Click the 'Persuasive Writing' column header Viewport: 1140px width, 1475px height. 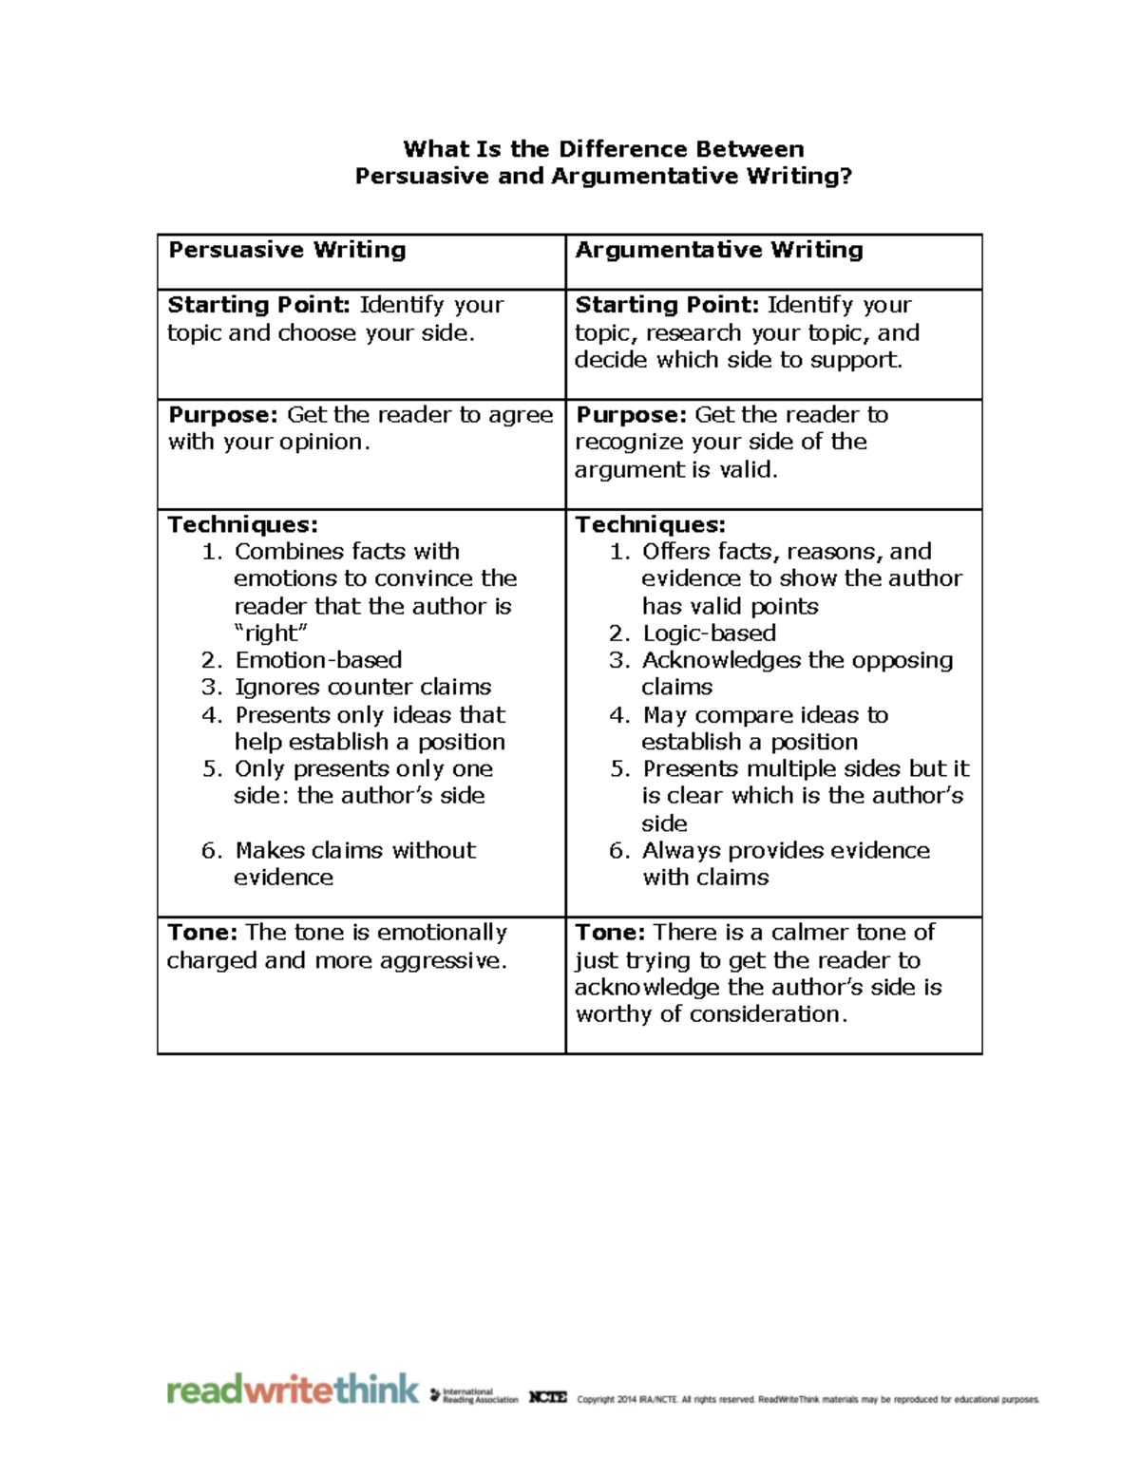[x=287, y=250]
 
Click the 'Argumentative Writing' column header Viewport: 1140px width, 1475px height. [x=719, y=250]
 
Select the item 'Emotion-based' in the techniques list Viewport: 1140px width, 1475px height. [x=318, y=660]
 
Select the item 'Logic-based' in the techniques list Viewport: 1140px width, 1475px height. [x=709, y=633]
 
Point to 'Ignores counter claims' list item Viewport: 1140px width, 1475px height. [x=363, y=687]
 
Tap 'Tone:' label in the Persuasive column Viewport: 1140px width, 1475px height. [x=202, y=932]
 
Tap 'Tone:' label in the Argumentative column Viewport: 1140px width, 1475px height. [x=610, y=932]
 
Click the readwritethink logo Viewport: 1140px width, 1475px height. [x=293, y=1390]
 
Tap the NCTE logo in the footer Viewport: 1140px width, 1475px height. [x=548, y=1397]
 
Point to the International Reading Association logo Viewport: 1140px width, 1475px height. [x=475, y=1395]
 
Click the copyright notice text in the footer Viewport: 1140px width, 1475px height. [x=807, y=1399]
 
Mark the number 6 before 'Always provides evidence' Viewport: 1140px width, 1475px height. [x=617, y=851]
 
